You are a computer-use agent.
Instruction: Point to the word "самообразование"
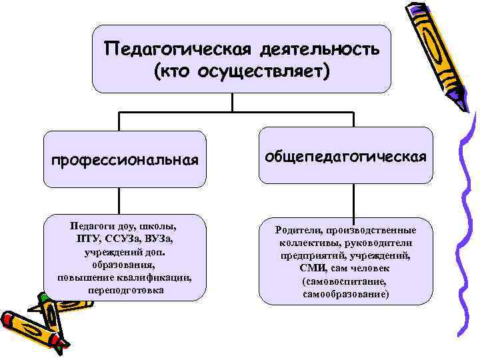tap(346, 293)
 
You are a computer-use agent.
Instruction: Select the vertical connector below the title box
tap(233, 102)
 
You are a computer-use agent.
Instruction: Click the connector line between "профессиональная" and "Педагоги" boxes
tap(120, 201)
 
